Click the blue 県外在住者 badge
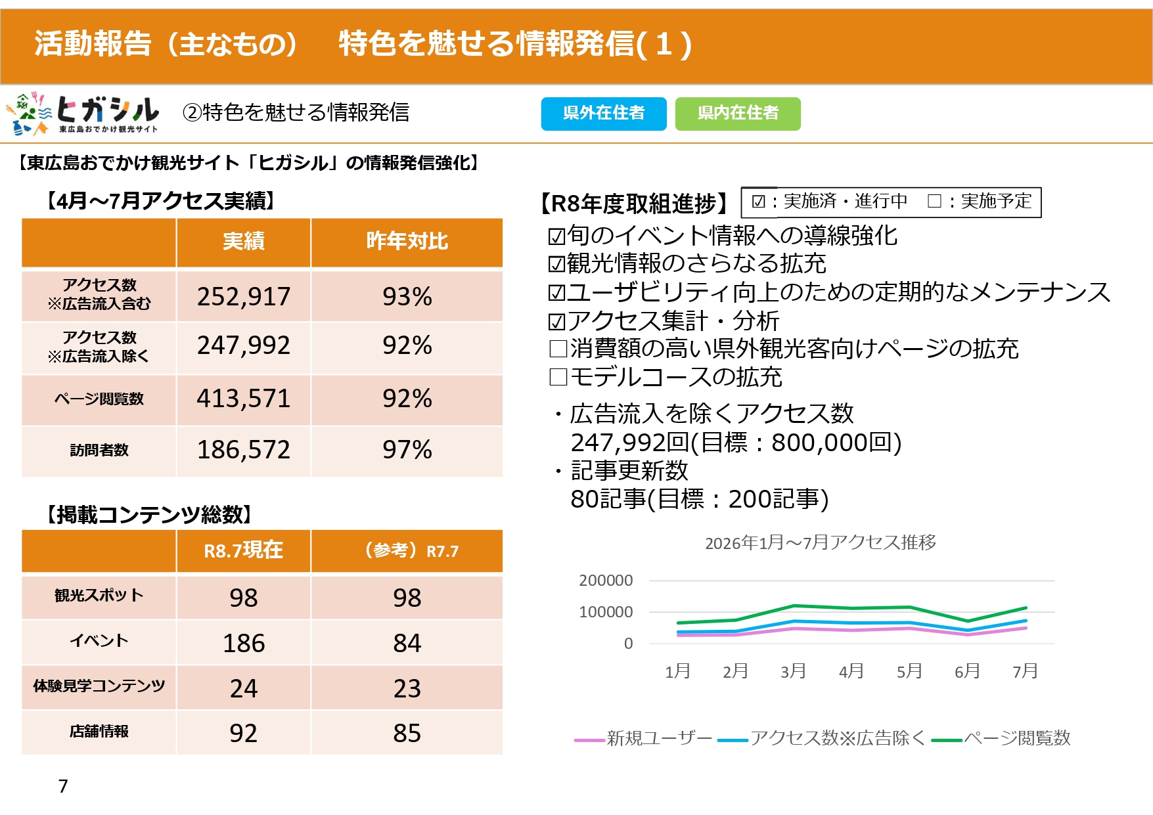(x=604, y=114)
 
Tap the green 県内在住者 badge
(x=738, y=114)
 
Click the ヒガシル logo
(x=83, y=114)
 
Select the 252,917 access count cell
(x=244, y=296)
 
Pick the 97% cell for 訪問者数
(x=407, y=450)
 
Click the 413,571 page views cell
(x=244, y=399)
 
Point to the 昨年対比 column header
(x=407, y=242)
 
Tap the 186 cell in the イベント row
(x=244, y=643)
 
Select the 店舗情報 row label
(x=99, y=732)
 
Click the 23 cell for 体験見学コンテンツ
(x=407, y=688)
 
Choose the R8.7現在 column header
(x=244, y=550)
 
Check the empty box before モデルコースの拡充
(x=558, y=377)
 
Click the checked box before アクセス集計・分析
(x=556, y=322)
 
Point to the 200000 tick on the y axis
(x=606, y=581)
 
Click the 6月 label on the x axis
(x=967, y=671)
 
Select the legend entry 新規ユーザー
(x=643, y=739)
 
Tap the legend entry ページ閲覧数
(x=1001, y=739)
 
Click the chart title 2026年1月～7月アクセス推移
(x=821, y=542)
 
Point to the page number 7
(x=63, y=786)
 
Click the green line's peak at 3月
(x=794, y=606)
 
